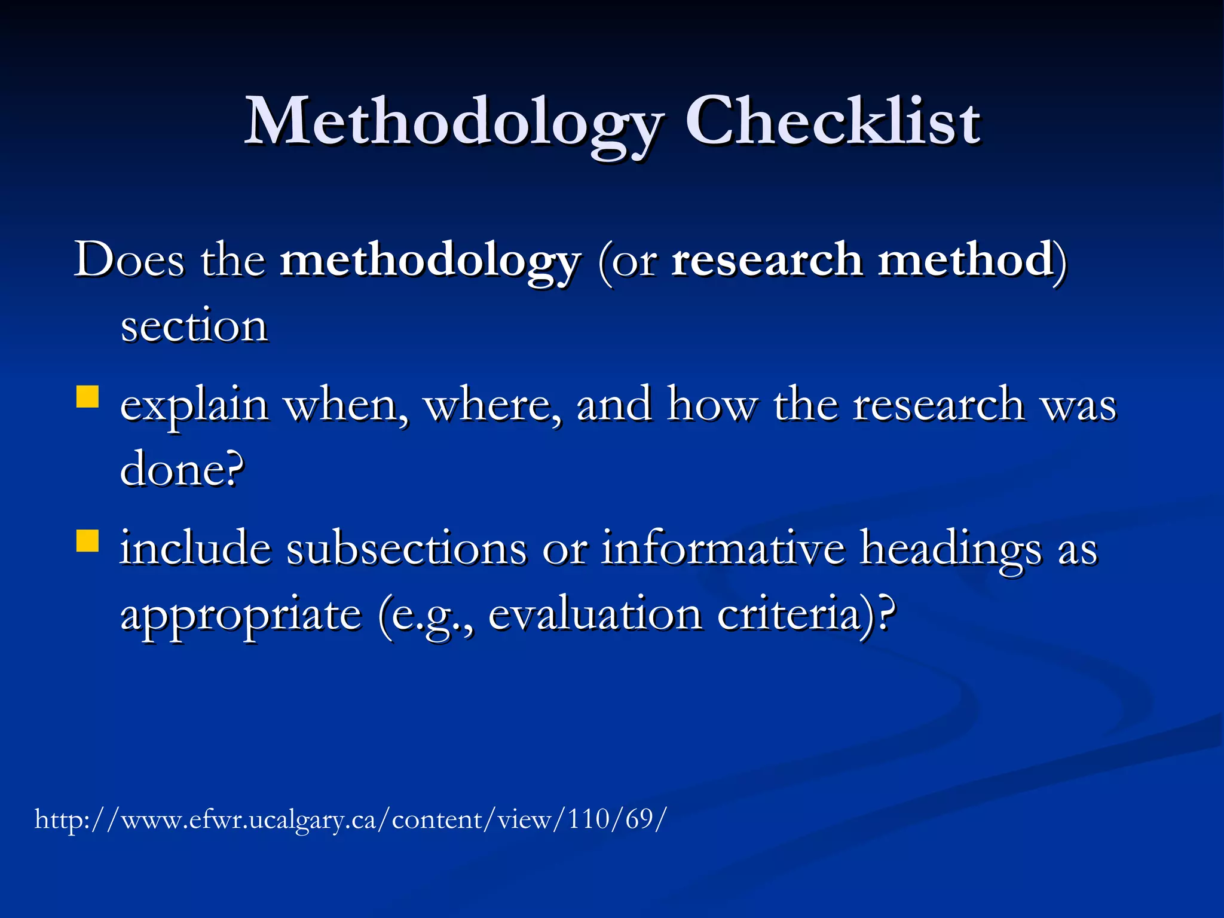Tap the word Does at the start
(x=128, y=261)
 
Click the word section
(x=194, y=326)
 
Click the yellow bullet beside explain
(x=88, y=397)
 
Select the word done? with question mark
(x=182, y=470)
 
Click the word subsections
(x=406, y=548)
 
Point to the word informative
(x=723, y=548)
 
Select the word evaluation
(x=595, y=614)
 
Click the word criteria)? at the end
(x=806, y=614)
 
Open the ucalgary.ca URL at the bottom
(x=350, y=819)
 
